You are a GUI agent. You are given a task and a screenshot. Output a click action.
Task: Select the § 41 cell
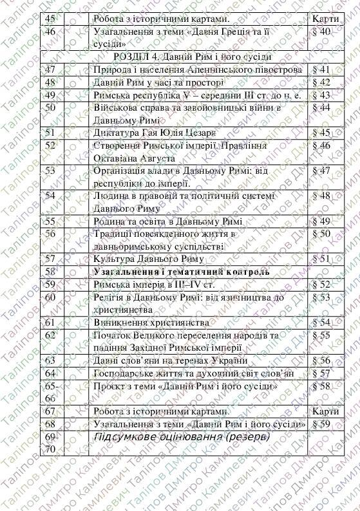320,69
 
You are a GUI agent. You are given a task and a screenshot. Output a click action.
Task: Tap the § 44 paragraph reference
320,107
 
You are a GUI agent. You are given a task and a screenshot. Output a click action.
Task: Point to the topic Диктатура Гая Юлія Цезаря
155,133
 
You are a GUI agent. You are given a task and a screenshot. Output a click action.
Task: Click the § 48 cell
320,196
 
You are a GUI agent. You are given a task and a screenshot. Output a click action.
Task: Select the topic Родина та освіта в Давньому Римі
167,221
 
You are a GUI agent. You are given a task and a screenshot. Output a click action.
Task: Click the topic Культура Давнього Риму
149,259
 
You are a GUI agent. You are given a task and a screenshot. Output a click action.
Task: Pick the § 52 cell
320,284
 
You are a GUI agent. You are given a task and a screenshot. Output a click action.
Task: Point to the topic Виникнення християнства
151,322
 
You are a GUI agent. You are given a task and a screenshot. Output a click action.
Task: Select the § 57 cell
320,373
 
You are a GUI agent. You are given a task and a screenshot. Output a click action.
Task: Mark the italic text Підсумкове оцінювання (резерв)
182,437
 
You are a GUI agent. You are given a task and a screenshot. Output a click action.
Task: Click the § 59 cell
320,423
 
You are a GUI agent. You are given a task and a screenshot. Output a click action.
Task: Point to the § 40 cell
320,31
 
